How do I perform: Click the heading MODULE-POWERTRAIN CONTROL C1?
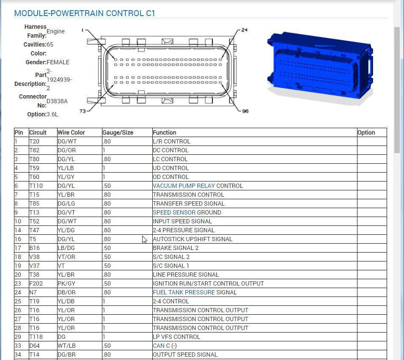85,14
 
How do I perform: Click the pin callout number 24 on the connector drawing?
244,30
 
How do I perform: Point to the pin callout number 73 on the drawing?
83,111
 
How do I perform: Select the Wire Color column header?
71,132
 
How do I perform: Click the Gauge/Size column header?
118,132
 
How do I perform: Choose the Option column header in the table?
366,132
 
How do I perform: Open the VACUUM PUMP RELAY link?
184,186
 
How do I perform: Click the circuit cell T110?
36,186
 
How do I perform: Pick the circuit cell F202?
36,283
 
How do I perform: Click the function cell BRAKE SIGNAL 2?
176,248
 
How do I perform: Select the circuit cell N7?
33,292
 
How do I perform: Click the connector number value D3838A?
57,101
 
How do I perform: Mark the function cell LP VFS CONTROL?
176,337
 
